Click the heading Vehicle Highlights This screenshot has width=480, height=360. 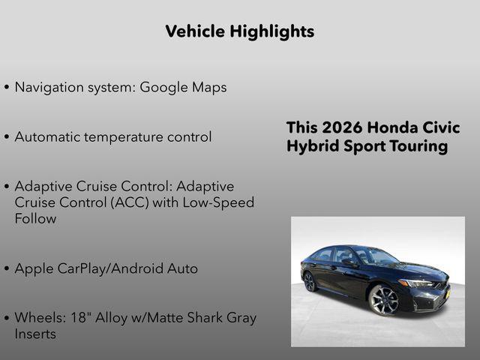coord(239,31)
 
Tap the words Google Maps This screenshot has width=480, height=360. coord(184,87)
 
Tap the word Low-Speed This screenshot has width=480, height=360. coord(220,202)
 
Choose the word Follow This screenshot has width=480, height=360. coord(35,219)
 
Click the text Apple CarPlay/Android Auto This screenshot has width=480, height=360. coord(106,268)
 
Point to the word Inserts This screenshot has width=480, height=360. coord(35,334)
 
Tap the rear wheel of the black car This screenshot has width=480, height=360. coord(310,281)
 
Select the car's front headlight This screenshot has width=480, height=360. coord(415,283)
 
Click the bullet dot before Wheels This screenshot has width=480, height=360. coord(7,318)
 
